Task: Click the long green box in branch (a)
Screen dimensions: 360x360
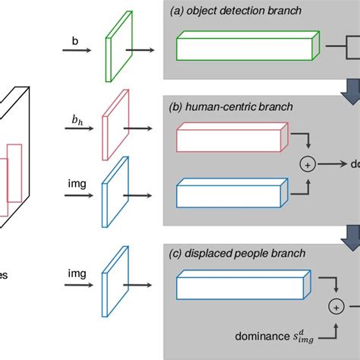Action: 246,47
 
